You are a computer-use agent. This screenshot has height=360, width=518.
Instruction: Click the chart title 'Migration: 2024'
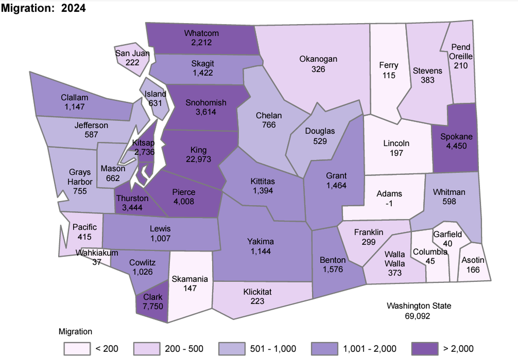pyautogui.click(x=44, y=8)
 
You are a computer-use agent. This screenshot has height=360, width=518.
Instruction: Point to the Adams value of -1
pyautogui.click(x=389, y=203)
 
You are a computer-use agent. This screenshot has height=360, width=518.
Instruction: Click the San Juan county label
pyautogui.click(x=132, y=53)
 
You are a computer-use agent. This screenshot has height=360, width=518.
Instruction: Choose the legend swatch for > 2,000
pyautogui.click(x=423, y=349)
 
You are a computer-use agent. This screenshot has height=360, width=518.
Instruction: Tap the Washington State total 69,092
pyautogui.click(x=418, y=316)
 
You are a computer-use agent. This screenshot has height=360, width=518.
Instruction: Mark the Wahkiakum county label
pyautogui.click(x=97, y=253)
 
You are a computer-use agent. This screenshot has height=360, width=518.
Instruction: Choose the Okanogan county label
pyautogui.click(x=318, y=59)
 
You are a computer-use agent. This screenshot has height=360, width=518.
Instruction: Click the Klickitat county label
pyautogui.click(x=257, y=292)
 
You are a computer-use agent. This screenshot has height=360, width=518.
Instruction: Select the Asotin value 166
pyautogui.click(x=473, y=270)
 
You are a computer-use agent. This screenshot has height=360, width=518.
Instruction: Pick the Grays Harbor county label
pyautogui.click(x=80, y=177)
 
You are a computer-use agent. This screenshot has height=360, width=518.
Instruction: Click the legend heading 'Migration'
pyautogui.click(x=75, y=331)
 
